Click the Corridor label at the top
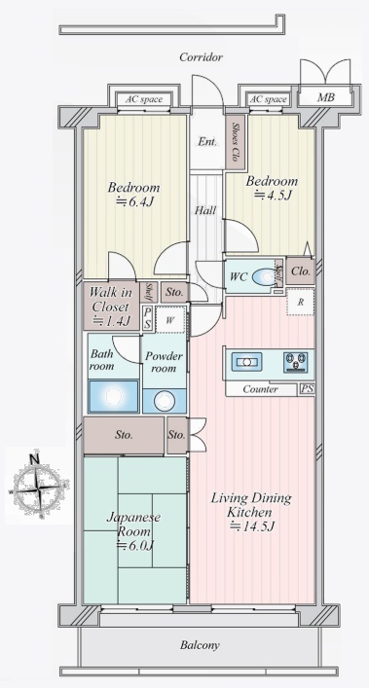click(x=201, y=57)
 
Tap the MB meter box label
click(x=325, y=97)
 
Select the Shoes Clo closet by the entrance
click(x=235, y=142)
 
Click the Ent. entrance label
click(x=206, y=142)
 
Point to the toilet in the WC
click(x=265, y=277)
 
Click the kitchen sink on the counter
click(x=246, y=362)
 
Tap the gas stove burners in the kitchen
click(x=295, y=362)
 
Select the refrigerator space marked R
click(x=301, y=302)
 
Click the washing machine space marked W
click(x=170, y=320)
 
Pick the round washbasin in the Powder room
click(x=165, y=401)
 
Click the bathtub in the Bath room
click(x=114, y=397)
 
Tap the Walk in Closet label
click(x=111, y=307)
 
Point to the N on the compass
click(x=35, y=459)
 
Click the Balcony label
click(x=200, y=645)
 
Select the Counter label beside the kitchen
click(x=260, y=389)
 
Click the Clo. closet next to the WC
click(x=301, y=271)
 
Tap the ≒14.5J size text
click(x=252, y=526)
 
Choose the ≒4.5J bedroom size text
click(x=272, y=196)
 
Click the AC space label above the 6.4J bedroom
click(x=144, y=99)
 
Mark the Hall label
click(x=205, y=210)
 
